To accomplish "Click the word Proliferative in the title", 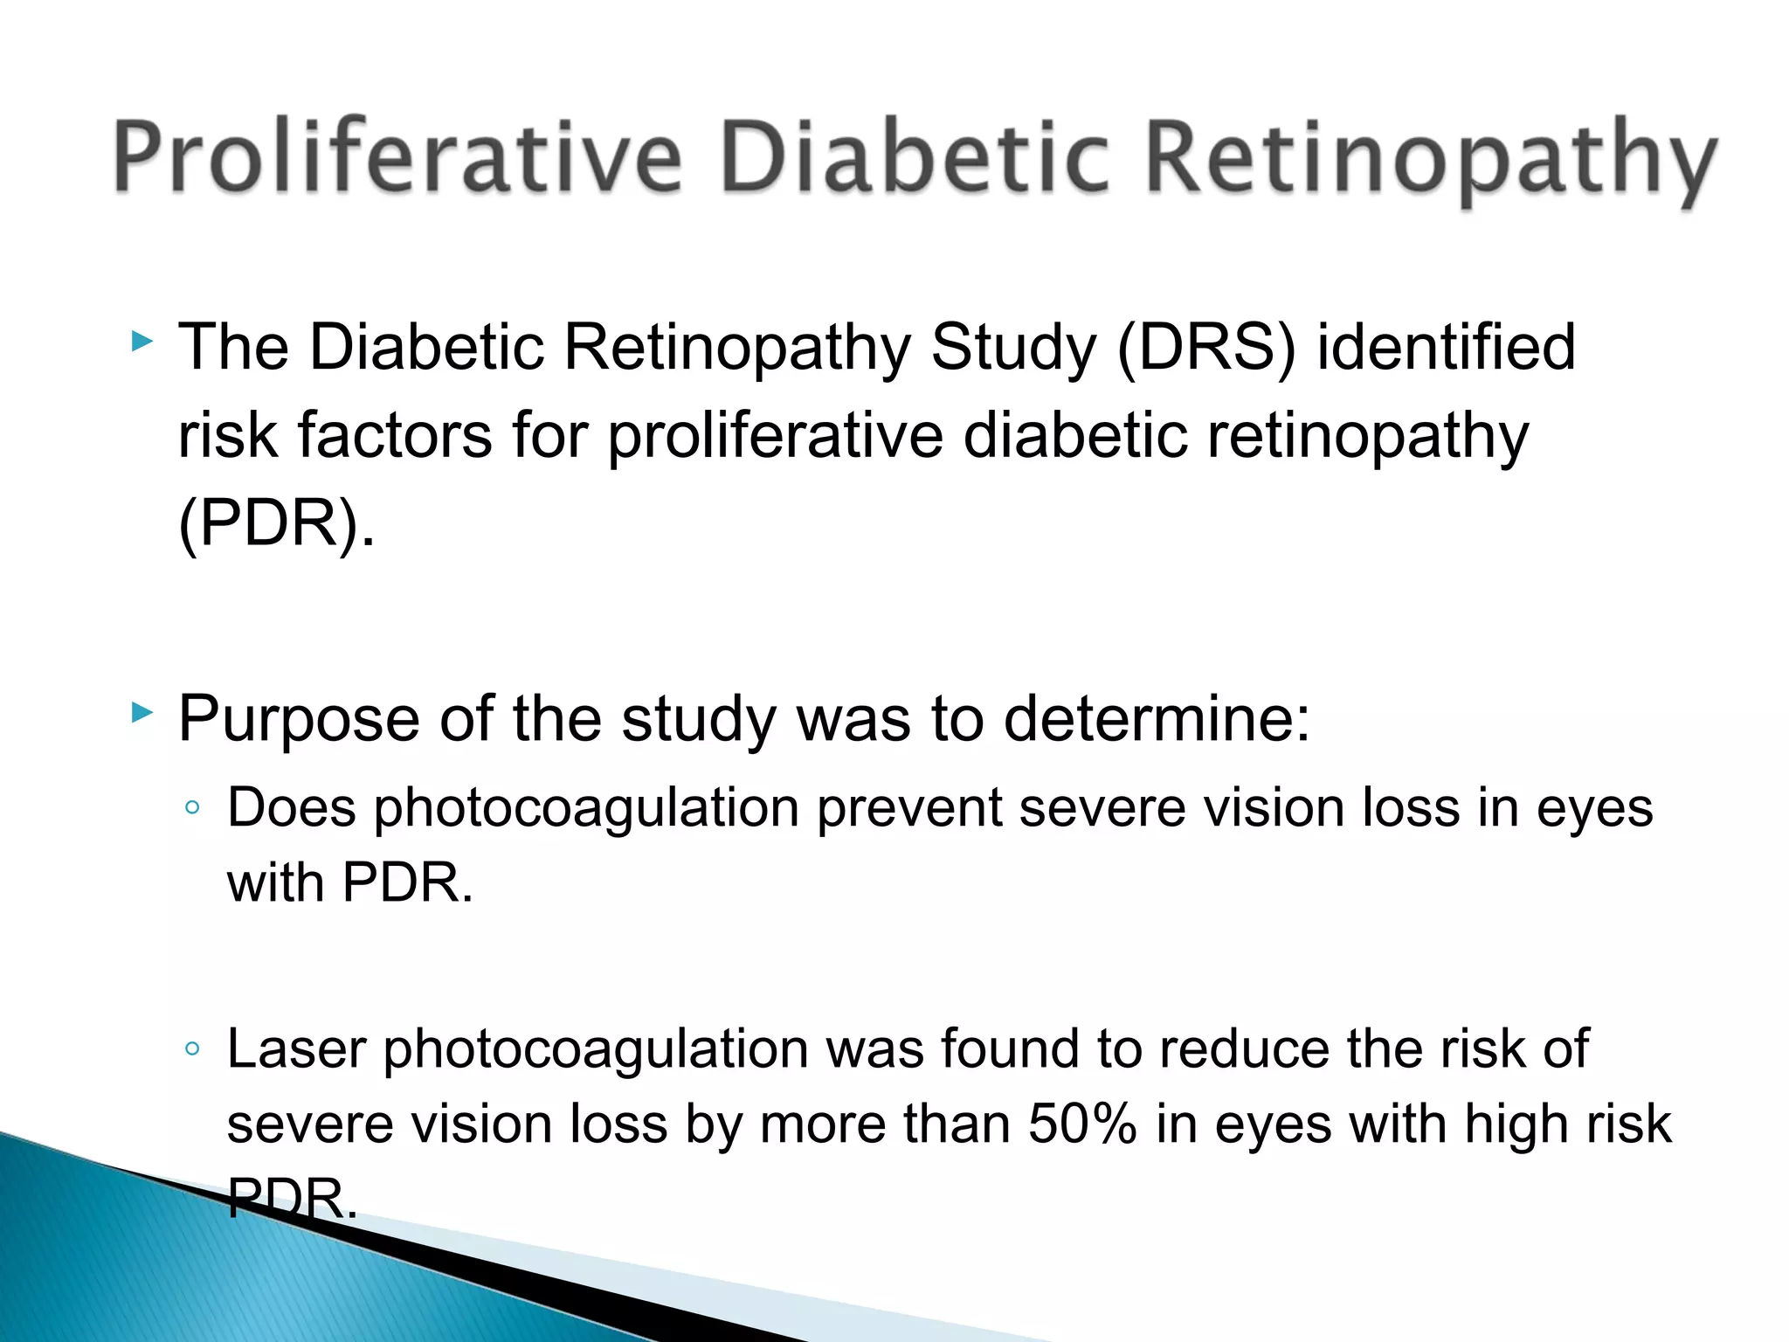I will point(397,157).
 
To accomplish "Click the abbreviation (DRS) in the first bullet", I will point(1206,348).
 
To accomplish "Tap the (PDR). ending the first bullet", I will point(276,524).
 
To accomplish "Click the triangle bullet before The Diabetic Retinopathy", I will point(142,342).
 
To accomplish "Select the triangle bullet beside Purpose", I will point(142,713).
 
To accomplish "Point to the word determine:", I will point(1157,720).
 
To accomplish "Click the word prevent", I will point(908,809).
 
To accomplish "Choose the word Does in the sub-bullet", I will point(292,807).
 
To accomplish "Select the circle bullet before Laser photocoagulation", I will point(193,1048).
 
